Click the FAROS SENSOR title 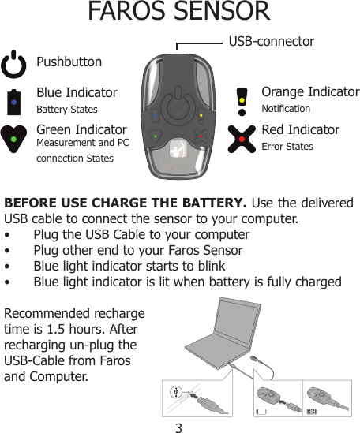pyautogui.click(x=178, y=13)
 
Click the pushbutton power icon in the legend pyautogui.click(x=15, y=64)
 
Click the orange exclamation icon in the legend pyautogui.click(x=242, y=100)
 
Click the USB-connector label pyautogui.click(x=271, y=41)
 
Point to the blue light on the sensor pyautogui.click(x=156, y=115)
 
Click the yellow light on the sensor pyautogui.click(x=201, y=115)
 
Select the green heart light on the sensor pyautogui.click(x=156, y=136)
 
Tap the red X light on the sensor pyautogui.click(x=201, y=136)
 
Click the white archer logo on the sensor pyautogui.click(x=178, y=150)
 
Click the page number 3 pyautogui.click(x=179, y=427)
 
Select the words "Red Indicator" pyautogui.click(x=300, y=129)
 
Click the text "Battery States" pyautogui.click(x=67, y=110)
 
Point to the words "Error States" pyautogui.click(x=287, y=147)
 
